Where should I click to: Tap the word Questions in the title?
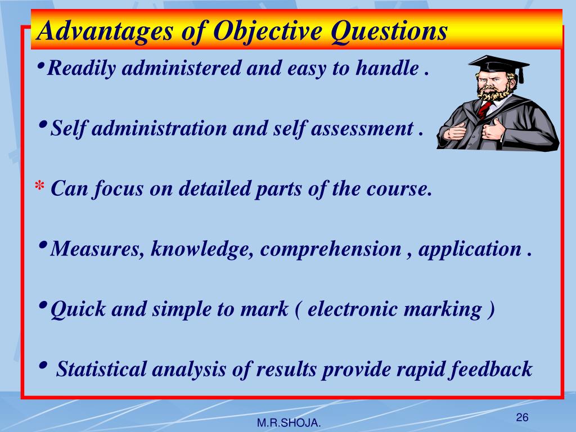(x=389, y=30)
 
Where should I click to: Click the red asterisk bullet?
(x=39, y=187)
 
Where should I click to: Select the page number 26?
(x=522, y=417)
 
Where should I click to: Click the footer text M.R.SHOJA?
(x=289, y=423)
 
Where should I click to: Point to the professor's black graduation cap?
(x=498, y=64)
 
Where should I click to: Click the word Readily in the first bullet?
(x=82, y=69)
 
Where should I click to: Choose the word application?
(x=470, y=249)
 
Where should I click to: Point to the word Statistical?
(x=102, y=370)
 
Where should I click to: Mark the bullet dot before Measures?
(x=44, y=245)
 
